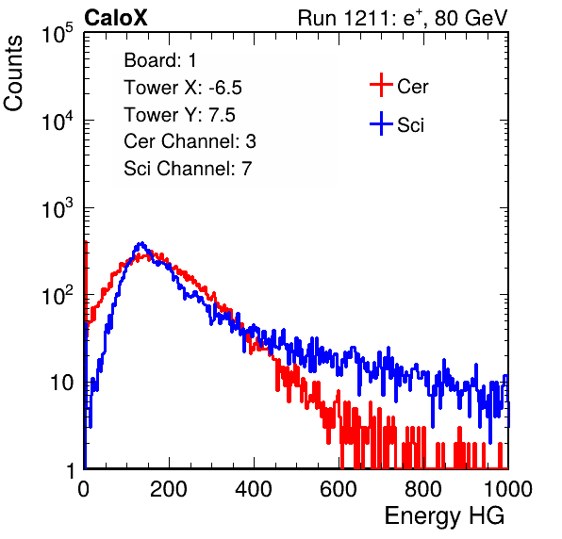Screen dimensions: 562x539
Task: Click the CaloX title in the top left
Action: [x=115, y=18]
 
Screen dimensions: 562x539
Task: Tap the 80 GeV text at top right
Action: [x=471, y=18]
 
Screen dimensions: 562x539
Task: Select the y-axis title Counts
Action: [x=13, y=73]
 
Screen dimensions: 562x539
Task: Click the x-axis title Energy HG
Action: [x=444, y=516]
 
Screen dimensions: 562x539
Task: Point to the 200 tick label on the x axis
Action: [x=169, y=489]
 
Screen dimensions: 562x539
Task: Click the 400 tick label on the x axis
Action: [x=254, y=489]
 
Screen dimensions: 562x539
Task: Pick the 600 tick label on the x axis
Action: [x=339, y=489]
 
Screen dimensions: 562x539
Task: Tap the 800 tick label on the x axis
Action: [x=423, y=489]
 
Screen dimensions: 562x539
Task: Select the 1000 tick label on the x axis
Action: [x=508, y=489]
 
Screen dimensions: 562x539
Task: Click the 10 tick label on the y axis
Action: [x=61, y=383]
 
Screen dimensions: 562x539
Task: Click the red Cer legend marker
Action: [x=381, y=85]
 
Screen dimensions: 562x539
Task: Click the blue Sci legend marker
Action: [x=381, y=124]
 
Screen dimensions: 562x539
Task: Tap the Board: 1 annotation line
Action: [x=160, y=60]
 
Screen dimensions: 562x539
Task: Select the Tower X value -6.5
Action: [x=225, y=88]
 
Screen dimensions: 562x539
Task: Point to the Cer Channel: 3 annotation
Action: [x=190, y=141]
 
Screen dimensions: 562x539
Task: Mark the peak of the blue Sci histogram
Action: [x=141, y=243]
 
